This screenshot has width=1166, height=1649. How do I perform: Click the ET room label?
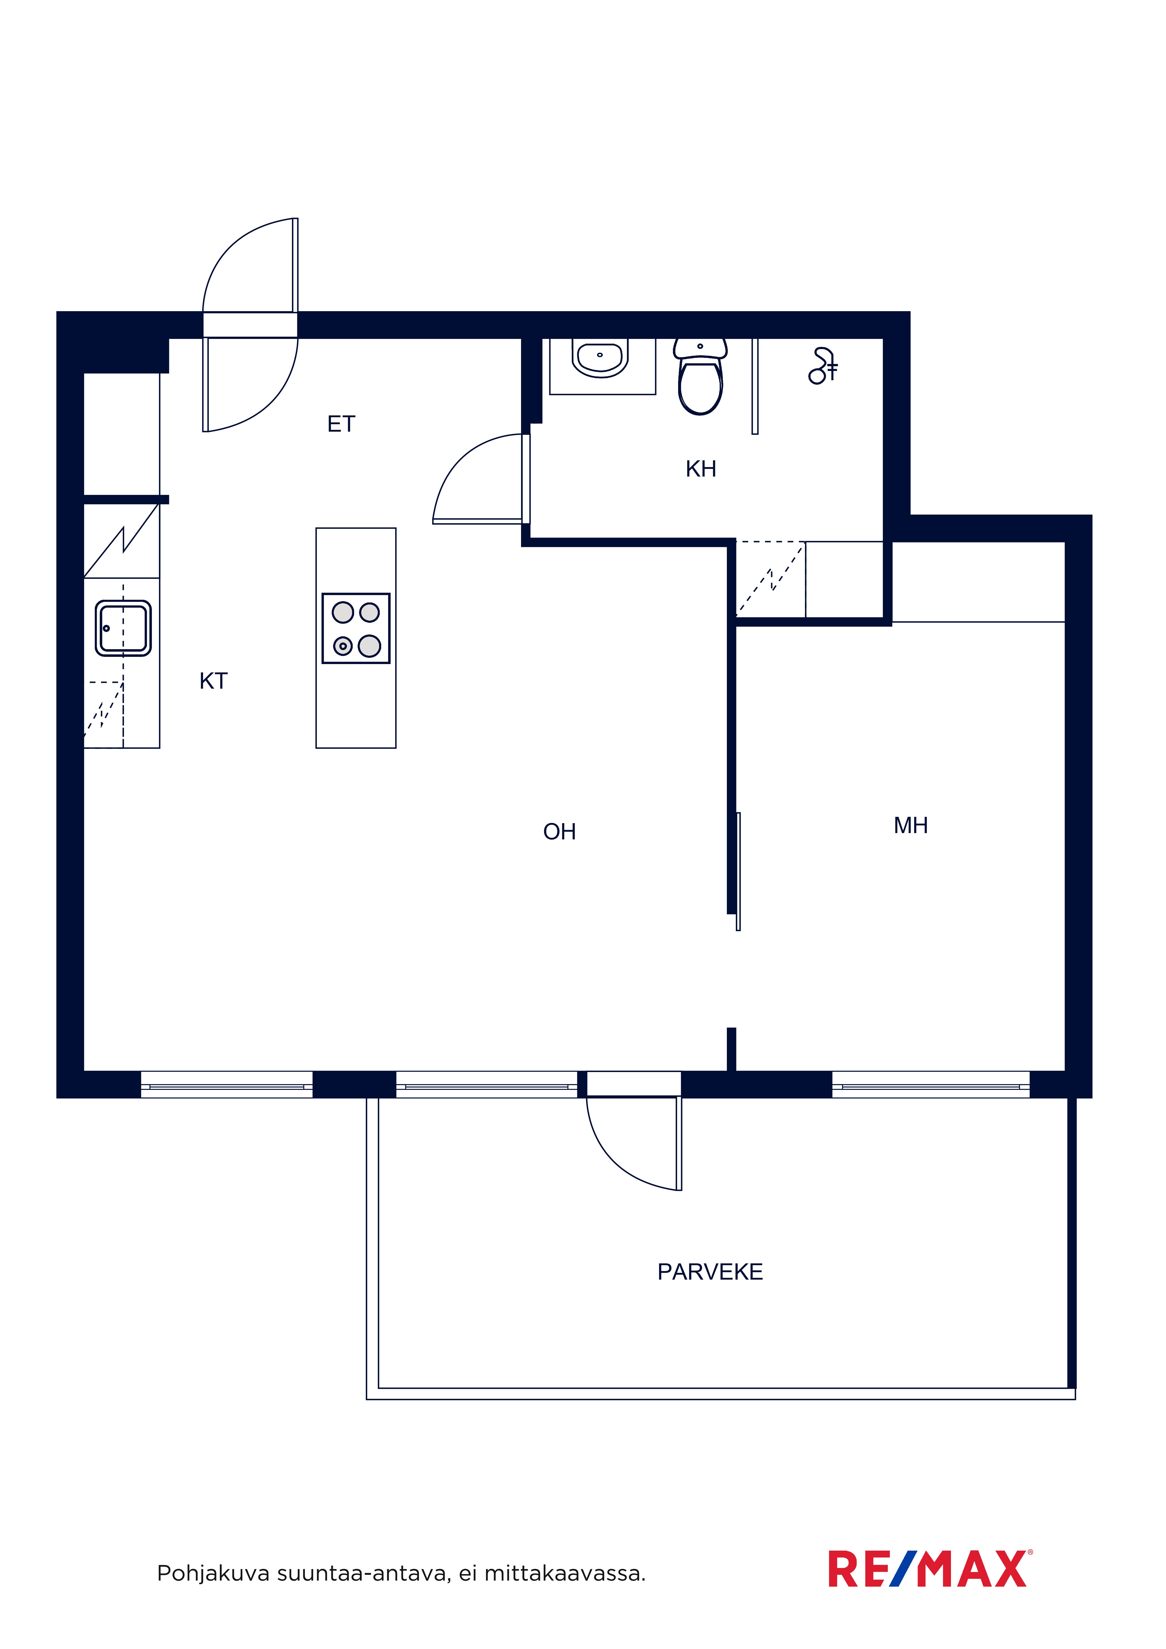[x=341, y=424]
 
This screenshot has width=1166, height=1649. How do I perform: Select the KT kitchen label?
[x=213, y=681]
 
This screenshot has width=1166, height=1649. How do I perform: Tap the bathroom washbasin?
[x=600, y=357]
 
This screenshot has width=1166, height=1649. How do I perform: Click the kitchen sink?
[x=123, y=628]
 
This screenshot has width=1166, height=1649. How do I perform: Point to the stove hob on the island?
[x=356, y=628]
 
